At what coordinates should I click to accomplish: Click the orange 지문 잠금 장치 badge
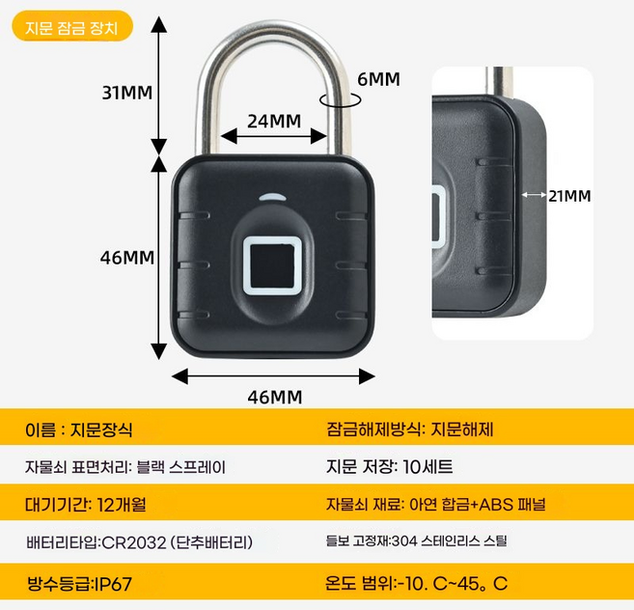(x=72, y=28)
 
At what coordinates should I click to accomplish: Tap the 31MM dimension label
(x=128, y=93)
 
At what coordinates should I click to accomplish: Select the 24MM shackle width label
(x=274, y=121)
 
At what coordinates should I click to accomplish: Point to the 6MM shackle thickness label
(x=377, y=79)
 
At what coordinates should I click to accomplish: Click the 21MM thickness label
(x=568, y=195)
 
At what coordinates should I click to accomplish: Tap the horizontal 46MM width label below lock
(x=275, y=397)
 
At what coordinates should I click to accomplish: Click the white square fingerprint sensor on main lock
(x=273, y=263)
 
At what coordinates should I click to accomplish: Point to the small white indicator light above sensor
(x=273, y=198)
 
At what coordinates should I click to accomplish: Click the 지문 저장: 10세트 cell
(x=390, y=467)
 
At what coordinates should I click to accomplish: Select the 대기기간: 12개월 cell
(x=86, y=504)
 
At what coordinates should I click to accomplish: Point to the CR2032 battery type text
(x=139, y=542)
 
